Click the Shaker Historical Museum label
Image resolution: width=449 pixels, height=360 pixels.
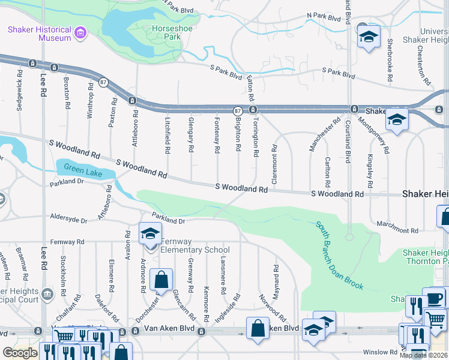pyautogui.click(x=38, y=34)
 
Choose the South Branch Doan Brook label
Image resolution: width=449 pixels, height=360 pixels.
pyautogui.click(x=339, y=255)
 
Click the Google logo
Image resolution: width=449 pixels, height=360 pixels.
pyautogui.click(x=20, y=353)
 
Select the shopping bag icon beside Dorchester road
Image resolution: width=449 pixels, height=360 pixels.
pyautogui.click(x=161, y=280)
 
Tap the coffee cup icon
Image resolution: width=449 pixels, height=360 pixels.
pyautogui.click(x=433, y=298)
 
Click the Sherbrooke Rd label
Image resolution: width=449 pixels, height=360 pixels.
pyautogui.click(x=390, y=61)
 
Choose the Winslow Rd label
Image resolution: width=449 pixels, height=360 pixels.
pyautogui.click(x=380, y=352)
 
